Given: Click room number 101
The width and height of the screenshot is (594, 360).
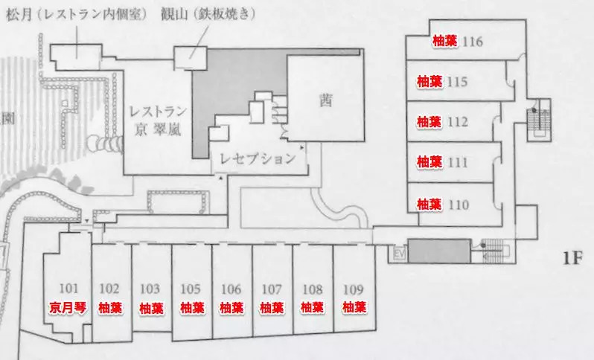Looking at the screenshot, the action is point(68,289).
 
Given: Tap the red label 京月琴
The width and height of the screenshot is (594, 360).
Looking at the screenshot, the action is point(68,306).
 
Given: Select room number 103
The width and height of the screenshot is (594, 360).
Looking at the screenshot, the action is point(150,289).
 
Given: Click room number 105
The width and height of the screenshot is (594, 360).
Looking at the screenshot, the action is point(191,289).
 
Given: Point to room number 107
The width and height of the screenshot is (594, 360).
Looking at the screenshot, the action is point(272,289).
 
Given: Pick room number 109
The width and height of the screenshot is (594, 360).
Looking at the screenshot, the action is point(353,289).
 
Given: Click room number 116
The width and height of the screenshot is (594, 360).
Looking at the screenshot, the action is point(473,41).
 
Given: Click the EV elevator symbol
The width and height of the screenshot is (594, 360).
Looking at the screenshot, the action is point(398,254).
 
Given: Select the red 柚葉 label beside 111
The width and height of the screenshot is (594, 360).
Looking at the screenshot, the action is point(429,161).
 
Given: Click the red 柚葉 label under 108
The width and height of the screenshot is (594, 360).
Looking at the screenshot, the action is point(312,306).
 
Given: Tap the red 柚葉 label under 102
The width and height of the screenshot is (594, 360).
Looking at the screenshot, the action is point(109,306).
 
